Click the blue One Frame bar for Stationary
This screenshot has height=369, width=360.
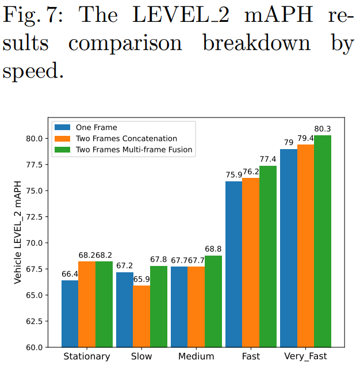(70, 314)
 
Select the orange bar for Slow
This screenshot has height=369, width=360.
(141, 316)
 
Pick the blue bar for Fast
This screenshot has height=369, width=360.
(233, 264)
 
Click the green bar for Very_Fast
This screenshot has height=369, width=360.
(323, 241)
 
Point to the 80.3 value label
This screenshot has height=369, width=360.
(323, 128)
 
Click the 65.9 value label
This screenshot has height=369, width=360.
(141, 279)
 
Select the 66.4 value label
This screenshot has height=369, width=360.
(70, 273)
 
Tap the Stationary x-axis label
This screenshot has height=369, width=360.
(87, 357)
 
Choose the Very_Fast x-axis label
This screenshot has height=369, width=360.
(305, 357)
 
